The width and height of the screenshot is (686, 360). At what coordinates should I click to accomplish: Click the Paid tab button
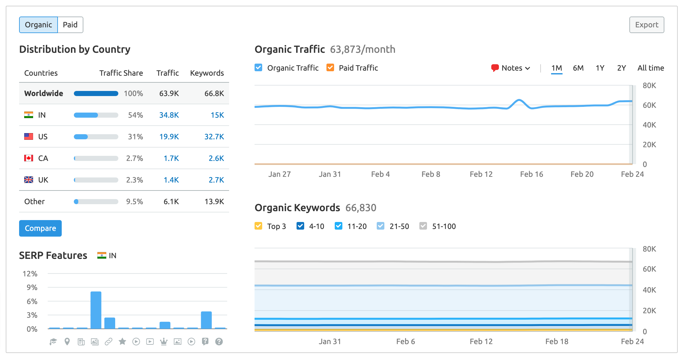70,25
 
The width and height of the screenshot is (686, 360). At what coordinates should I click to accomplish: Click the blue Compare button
40,228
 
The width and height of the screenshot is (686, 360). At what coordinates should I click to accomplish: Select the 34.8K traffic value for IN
169,115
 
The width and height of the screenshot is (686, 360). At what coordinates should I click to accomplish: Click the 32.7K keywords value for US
214,137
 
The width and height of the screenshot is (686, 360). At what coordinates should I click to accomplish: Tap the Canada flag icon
29,158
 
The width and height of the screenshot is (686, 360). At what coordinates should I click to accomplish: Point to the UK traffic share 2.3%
134,180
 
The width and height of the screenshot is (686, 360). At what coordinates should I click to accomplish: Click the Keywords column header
207,73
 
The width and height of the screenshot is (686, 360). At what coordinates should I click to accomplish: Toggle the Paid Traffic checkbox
330,68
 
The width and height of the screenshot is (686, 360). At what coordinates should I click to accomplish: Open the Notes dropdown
511,68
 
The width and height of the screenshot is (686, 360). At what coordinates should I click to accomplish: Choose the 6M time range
578,68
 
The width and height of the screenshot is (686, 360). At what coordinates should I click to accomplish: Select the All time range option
650,68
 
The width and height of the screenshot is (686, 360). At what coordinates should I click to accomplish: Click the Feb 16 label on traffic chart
531,174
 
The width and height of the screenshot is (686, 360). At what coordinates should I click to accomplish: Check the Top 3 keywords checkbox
258,226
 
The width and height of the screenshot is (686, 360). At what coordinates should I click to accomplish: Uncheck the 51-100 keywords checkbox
423,226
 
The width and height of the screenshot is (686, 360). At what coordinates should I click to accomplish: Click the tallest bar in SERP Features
96,310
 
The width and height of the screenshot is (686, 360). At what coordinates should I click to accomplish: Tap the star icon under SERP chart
122,342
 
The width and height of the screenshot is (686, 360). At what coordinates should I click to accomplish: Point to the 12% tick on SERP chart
30,274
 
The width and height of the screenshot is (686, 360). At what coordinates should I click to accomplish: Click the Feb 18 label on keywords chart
556,342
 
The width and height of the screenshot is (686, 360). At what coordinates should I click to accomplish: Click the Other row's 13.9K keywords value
214,202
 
